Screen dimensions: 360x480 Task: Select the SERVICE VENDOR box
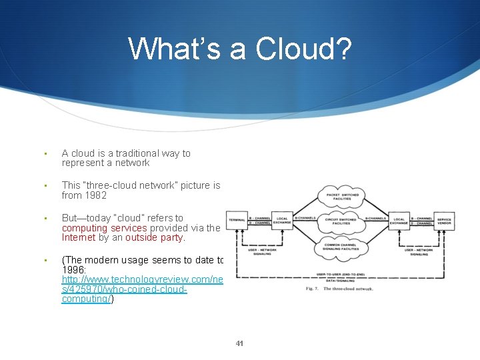444,219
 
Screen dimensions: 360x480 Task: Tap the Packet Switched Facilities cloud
341,196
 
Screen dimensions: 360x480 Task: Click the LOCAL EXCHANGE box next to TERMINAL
282,219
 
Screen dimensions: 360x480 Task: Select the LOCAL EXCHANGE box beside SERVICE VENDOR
400,219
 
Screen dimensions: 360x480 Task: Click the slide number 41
240,344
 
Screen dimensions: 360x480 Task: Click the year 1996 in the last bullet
74,269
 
